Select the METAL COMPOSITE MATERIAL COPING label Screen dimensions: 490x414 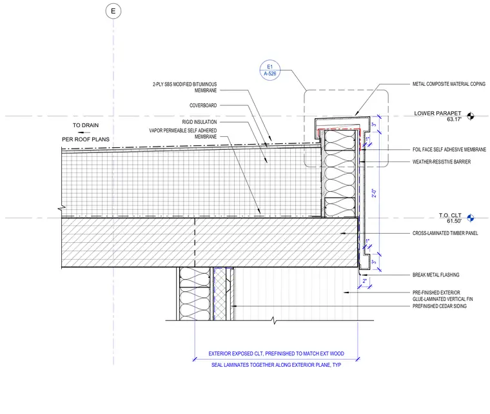[x=449, y=84]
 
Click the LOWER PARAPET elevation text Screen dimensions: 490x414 [x=438, y=113]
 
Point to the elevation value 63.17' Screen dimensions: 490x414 [x=454, y=119]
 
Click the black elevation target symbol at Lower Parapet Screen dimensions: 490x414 [x=470, y=116]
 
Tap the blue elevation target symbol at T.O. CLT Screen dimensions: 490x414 [x=470, y=218]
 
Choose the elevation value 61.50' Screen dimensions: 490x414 [x=454, y=221]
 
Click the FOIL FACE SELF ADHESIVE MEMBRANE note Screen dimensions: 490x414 [x=449, y=149]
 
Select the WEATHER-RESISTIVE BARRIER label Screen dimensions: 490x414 [x=441, y=161]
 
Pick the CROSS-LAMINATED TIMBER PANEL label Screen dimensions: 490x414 [x=445, y=233]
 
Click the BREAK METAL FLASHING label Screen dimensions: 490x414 [x=436, y=274]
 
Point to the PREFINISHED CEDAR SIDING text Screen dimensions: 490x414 [x=439, y=306]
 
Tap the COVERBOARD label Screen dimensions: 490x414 [x=203, y=105]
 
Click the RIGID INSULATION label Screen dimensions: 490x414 [x=199, y=122]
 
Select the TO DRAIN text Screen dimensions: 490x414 [x=86, y=125]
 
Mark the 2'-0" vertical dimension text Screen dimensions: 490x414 [x=374, y=193]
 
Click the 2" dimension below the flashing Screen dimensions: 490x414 [x=364, y=281]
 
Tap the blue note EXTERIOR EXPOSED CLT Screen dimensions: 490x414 [x=276, y=353]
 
